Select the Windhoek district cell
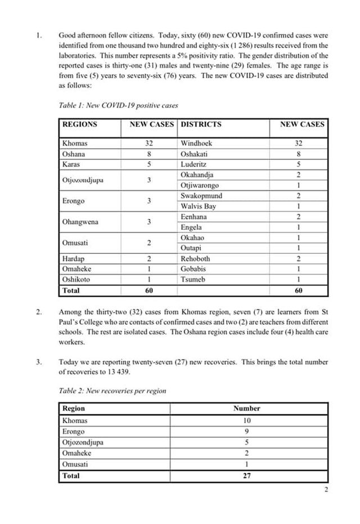coord(196,143)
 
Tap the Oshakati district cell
coord(195,154)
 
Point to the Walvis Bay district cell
coord(198,207)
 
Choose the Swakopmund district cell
coord(201,196)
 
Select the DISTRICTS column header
coord(201,124)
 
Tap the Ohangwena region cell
coord(80,222)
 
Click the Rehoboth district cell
coord(195,259)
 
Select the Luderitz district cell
coord(194,164)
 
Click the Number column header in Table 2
coord(247,409)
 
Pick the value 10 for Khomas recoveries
coord(247,420)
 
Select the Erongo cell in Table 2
coord(73,431)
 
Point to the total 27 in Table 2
coord(247,476)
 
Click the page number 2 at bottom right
coord(326,490)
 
